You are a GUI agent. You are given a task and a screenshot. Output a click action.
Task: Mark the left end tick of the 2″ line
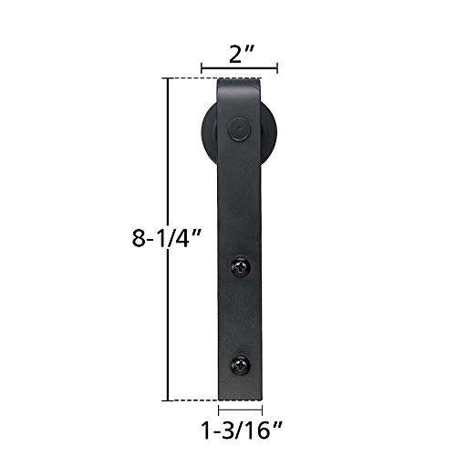click(202, 67)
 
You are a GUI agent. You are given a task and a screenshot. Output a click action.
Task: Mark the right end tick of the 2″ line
click(278, 67)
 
